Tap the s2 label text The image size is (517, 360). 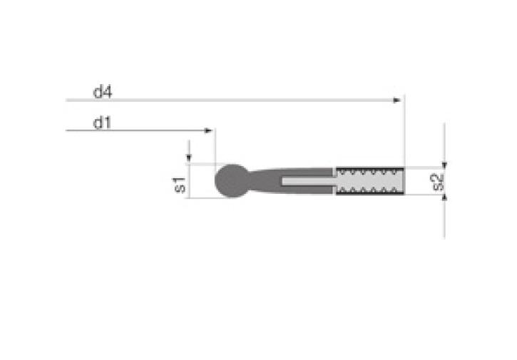(x=438, y=181)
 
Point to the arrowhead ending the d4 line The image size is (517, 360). (x=397, y=101)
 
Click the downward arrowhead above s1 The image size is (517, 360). (x=189, y=159)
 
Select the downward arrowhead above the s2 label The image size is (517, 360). (x=444, y=163)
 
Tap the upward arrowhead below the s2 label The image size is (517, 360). (x=444, y=200)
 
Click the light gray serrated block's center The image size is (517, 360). (x=369, y=181)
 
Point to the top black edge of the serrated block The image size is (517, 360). (x=369, y=169)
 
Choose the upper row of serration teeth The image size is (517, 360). (x=369, y=173)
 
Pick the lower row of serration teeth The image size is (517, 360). (x=369, y=189)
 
